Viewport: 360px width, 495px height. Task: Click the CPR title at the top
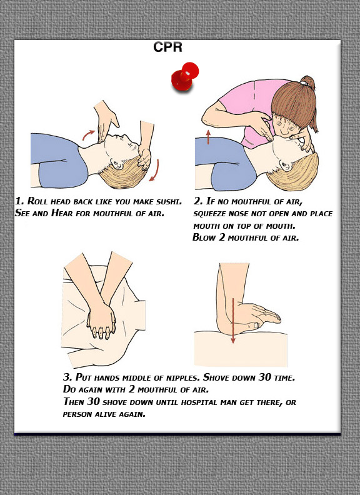[167, 47]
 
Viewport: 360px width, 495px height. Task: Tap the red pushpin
[185, 76]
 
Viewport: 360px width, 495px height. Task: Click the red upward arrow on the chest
[208, 137]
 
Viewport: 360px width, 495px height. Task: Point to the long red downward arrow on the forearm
[233, 321]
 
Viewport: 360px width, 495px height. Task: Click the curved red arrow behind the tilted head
[155, 171]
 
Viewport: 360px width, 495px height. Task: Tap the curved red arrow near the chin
[88, 134]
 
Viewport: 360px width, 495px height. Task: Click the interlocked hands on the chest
[101, 322]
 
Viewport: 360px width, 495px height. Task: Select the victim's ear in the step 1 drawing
[117, 164]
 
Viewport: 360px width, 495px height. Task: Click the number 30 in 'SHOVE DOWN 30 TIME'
[264, 377]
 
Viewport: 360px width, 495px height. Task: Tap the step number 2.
[198, 201]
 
